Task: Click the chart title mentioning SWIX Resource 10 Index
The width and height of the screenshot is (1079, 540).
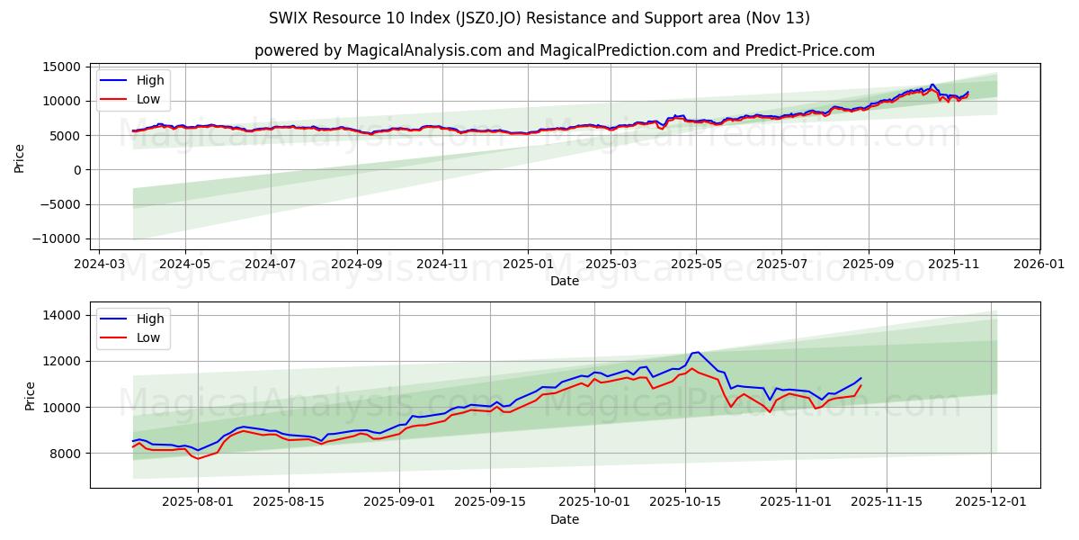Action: coord(539,18)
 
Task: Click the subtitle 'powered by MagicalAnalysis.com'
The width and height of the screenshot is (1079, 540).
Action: coord(564,50)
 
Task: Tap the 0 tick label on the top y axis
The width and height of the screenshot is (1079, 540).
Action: coord(77,170)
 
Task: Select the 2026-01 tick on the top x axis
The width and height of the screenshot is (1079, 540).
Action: coord(1039,265)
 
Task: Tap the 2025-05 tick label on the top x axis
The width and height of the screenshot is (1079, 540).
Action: coord(696,265)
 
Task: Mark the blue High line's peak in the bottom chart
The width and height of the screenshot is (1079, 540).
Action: coord(698,352)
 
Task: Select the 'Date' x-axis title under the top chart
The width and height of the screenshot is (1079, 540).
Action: coord(564,281)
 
